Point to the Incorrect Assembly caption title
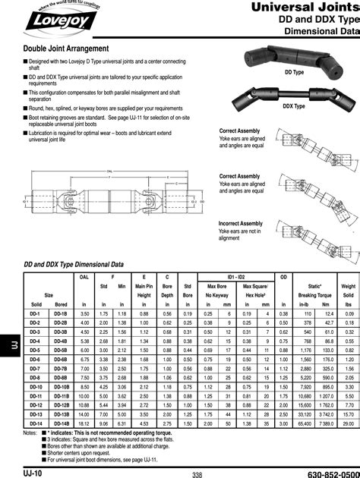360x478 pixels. click(241, 224)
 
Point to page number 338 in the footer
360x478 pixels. click(197, 474)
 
